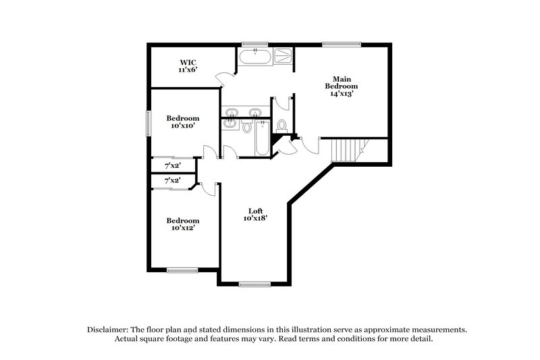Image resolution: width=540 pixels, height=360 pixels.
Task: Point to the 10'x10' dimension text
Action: click(x=182, y=126)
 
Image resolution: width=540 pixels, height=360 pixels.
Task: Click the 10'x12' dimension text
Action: click(x=183, y=229)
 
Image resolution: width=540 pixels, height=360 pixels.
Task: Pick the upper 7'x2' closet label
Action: click(x=172, y=165)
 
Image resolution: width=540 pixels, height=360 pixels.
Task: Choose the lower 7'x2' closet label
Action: click(x=172, y=180)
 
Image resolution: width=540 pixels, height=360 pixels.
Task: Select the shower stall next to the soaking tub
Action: click(x=284, y=55)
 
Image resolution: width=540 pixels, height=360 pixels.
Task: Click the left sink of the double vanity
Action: click(x=233, y=112)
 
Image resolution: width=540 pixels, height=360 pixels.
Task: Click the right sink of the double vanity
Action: click(x=256, y=112)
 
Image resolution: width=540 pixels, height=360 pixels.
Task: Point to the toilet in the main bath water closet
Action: click(x=282, y=125)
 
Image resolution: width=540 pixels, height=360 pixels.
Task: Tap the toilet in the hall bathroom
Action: click(x=247, y=126)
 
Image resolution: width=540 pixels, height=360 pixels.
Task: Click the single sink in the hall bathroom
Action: click(x=230, y=124)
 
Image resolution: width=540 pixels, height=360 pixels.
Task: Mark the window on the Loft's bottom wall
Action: click(x=254, y=284)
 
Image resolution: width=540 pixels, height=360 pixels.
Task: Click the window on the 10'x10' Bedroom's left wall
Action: click(x=149, y=123)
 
